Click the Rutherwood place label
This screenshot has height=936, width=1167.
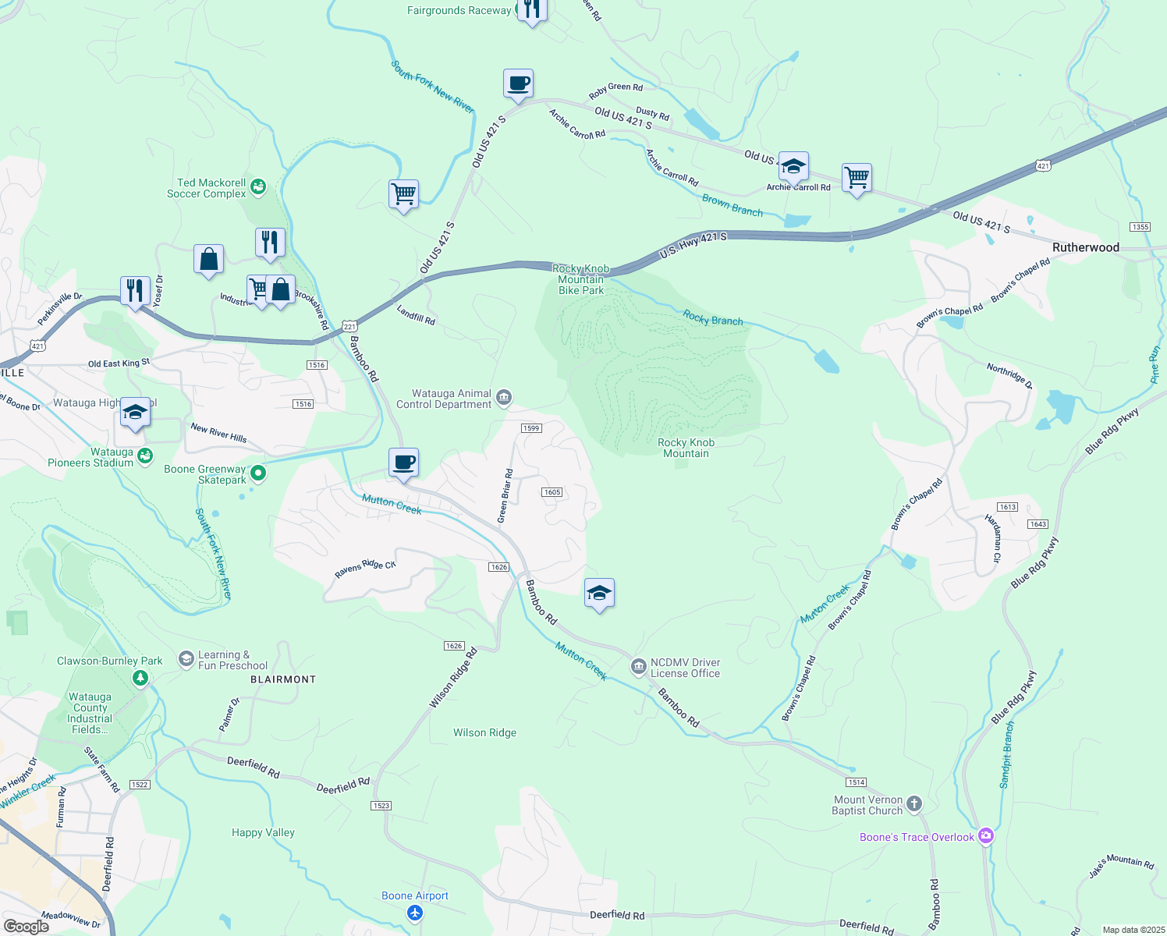pyautogui.click(x=1085, y=247)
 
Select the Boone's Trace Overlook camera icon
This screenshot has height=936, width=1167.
pyautogui.click(x=986, y=836)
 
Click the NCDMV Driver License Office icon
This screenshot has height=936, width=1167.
pyautogui.click(x=638, y=666)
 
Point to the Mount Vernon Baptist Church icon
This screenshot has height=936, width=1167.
pyautogui.click(x=914, y=803)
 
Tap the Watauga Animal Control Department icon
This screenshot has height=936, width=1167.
pyautogui.click(x=503, y=398)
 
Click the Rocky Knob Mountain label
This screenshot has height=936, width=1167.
pyautogui.click(x=686, y=448)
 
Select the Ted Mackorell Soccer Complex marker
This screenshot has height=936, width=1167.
pyautogui.click(x=258, y=186)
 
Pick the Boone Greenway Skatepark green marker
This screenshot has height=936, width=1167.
pyautogui.click(x=258, y=473)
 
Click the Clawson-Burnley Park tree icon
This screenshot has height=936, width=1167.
pyautogui.click(x=140, y=678)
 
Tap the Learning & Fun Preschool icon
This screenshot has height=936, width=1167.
pyautogui.click(x=186, y=659)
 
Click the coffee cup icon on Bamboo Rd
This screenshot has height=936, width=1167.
pyautogui.click(x=403, y=463)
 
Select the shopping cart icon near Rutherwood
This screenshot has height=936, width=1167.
pyautogui.click(x=857, y=178)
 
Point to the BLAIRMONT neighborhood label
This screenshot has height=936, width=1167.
pyautogui.click(x=283, y=679)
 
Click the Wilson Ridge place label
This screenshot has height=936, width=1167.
pyautogui.click(x=484, y=732)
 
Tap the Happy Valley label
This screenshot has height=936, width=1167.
pyautogui.click(x=263, y=832)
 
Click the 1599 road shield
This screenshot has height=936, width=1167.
pyautogui.click(x=530, y=428)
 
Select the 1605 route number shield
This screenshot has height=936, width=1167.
pyautogui.click(x=552, y=492)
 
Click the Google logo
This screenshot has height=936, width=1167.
pyautogui.click(x=26, y=927)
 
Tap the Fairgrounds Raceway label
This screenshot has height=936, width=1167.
pyautogui.click(x=459, y=10)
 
